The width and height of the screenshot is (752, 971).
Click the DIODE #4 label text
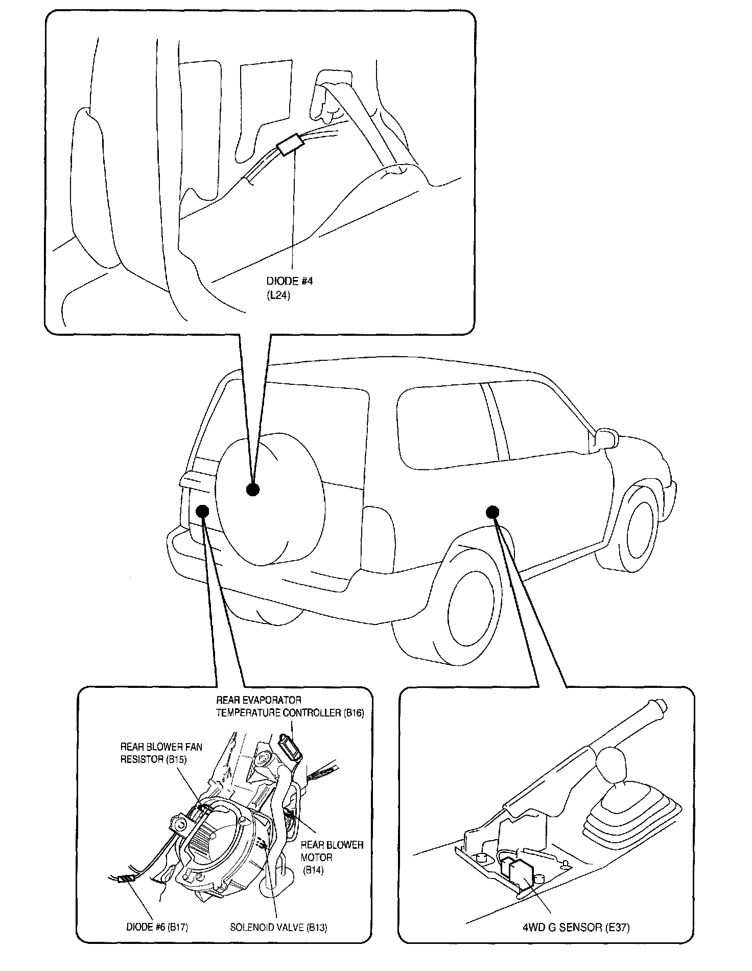click(x=290, y=282)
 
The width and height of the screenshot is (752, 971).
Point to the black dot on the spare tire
click(x=253, y=490)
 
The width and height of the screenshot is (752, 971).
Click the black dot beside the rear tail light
click(x=203, y=511)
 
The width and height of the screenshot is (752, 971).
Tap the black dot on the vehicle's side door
click(x=492, y=512)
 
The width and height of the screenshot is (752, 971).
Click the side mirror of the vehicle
click(x=605, y=439)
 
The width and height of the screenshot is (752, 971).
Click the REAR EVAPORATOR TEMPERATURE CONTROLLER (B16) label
click(x=290, y=706)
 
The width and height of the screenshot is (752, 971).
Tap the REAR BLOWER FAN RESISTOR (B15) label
click(x=161, y=753)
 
